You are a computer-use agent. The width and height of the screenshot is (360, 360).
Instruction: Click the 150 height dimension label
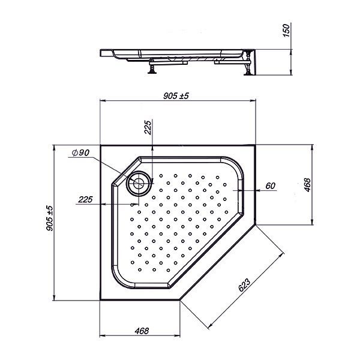pos(286,31)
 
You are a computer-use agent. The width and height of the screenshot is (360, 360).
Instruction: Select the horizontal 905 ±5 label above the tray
pos(176,96)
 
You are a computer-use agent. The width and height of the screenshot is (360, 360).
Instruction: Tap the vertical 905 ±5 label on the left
pos(49,218)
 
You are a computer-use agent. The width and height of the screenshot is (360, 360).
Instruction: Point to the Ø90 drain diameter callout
pos(80,152)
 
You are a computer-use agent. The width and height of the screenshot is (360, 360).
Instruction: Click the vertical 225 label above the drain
pos(148,127)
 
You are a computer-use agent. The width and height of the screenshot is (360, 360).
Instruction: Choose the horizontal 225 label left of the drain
pos(85,199)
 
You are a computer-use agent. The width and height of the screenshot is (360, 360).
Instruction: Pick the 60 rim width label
pos(270,185)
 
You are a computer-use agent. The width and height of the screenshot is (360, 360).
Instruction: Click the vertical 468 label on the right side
pos(307,185)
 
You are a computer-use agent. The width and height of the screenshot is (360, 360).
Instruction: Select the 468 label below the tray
pos(142,331)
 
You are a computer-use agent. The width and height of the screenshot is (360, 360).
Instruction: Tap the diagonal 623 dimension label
pos(244,285)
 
